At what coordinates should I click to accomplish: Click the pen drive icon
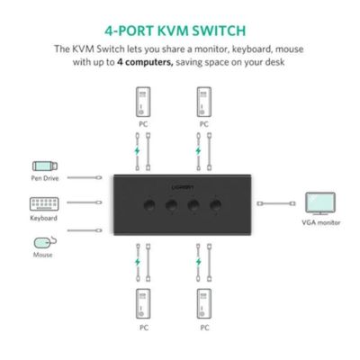(x=44, y=166)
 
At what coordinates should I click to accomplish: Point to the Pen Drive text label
(x=44, y=179)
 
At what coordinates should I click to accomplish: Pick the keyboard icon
(x=44, y=203)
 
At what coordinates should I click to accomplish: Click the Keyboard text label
(x=44, y=218)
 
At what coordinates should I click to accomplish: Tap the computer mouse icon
(x=44, y=242)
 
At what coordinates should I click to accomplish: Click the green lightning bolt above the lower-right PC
(x=198, y=262)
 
